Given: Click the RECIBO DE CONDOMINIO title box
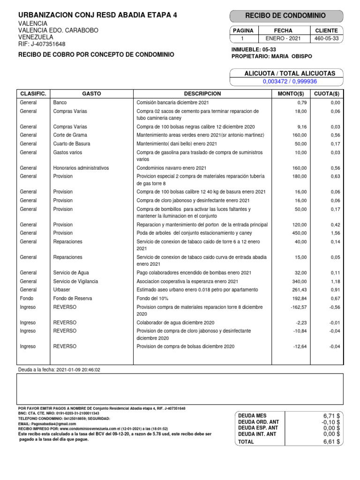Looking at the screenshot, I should coord(286,16).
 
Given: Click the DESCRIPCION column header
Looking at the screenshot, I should coord(202,94).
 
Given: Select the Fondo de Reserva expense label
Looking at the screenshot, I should coord(73,299).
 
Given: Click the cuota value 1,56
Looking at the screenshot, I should coord(335,233).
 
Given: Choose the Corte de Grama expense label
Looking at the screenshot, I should coord(70,135).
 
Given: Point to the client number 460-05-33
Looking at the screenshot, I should coord(326,39).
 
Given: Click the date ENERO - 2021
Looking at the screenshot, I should coord(283,39).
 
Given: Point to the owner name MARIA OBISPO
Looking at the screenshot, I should coord(291,56).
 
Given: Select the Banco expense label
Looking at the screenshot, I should coord(60,103).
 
